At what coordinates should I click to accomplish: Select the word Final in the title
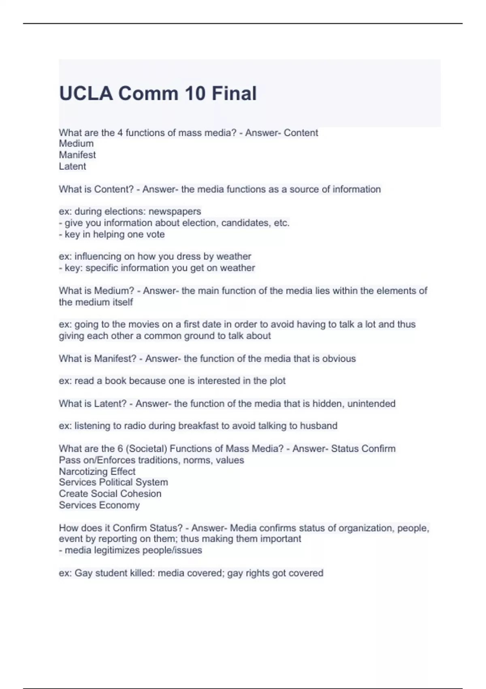pyautogui.click(x=234, y=94)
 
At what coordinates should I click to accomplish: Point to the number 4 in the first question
pyautogui.click(x=120, y=133)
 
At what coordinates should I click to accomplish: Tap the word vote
pyautogui.click(x=156, y=234)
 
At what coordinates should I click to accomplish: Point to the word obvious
pyautogui.click(x=339, y=359)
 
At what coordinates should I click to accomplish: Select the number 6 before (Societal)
pyautogui.click(x=120, y=449)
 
